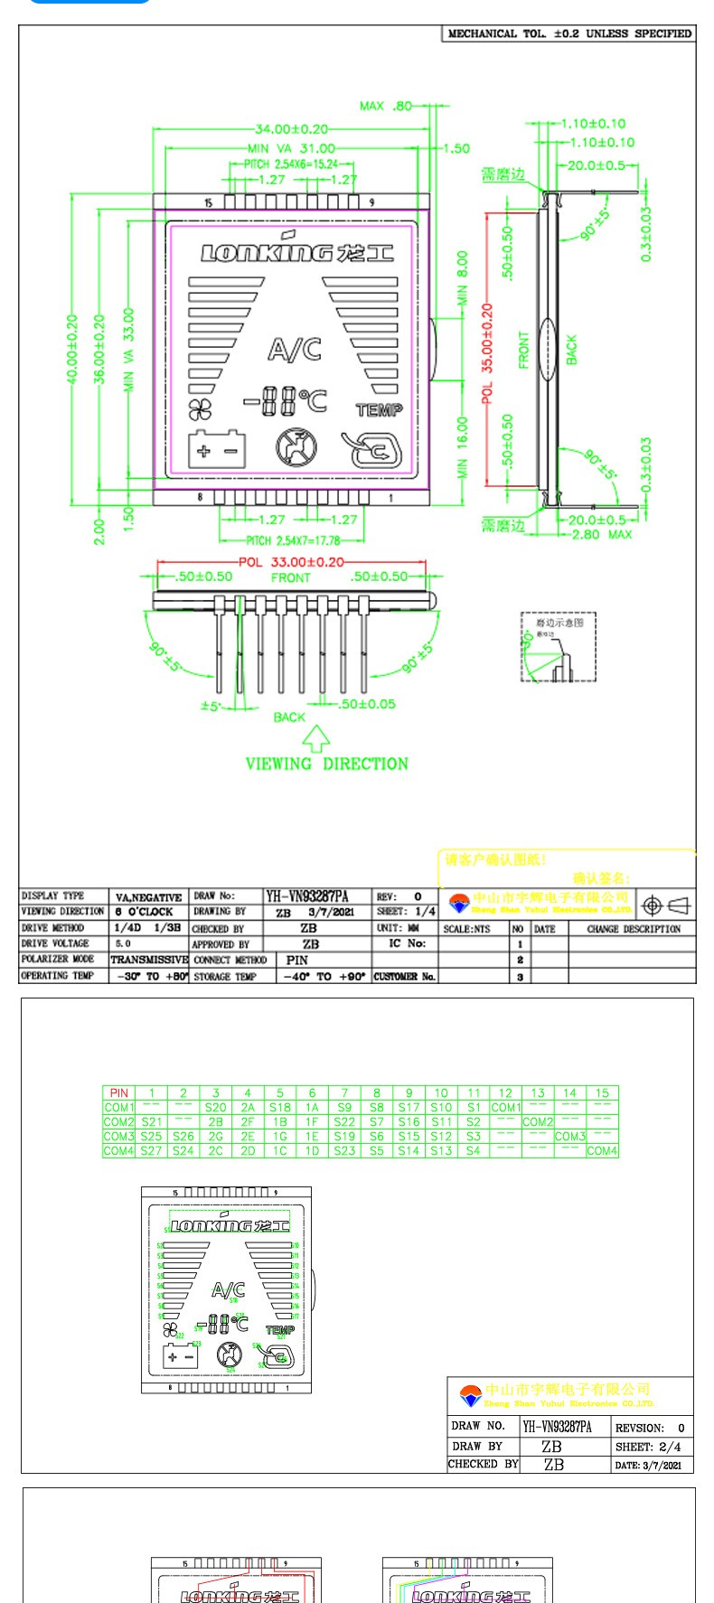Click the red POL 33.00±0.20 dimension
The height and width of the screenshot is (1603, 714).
click(x=291, y=561)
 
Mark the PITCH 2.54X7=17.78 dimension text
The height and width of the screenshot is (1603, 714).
click(x=293, y=540)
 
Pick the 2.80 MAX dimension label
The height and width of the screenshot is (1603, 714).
click(x=602, y=534)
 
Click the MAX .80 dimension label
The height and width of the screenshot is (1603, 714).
click(x=385, y=106)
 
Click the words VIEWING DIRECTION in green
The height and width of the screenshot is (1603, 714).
click(x=326, y=764)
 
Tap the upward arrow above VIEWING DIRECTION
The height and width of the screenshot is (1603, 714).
click(x=315, y=738)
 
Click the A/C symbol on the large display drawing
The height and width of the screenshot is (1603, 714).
click(x=295, y=348)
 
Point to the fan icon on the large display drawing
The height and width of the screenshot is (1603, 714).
click(x=199, y=409)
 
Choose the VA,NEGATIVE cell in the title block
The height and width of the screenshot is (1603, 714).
click(x=149, y=897)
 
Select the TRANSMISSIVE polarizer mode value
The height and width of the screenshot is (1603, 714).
click(x=149, y=960)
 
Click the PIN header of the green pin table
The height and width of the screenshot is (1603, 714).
click(x=118, y=1093)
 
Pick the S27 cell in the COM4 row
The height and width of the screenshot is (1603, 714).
click(x=151, y=1151)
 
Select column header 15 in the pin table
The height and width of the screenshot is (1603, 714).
click(x=602, y=1093)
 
